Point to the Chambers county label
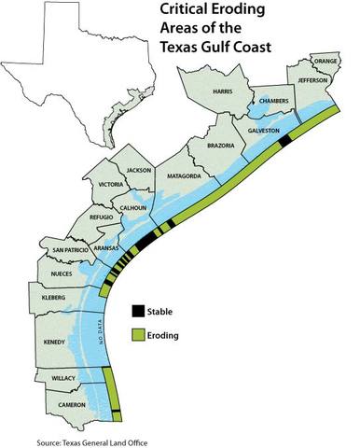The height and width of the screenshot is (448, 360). coord(274,100)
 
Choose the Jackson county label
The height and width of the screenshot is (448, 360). coord(139,170)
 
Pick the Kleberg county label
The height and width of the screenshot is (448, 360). coord(53,296)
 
